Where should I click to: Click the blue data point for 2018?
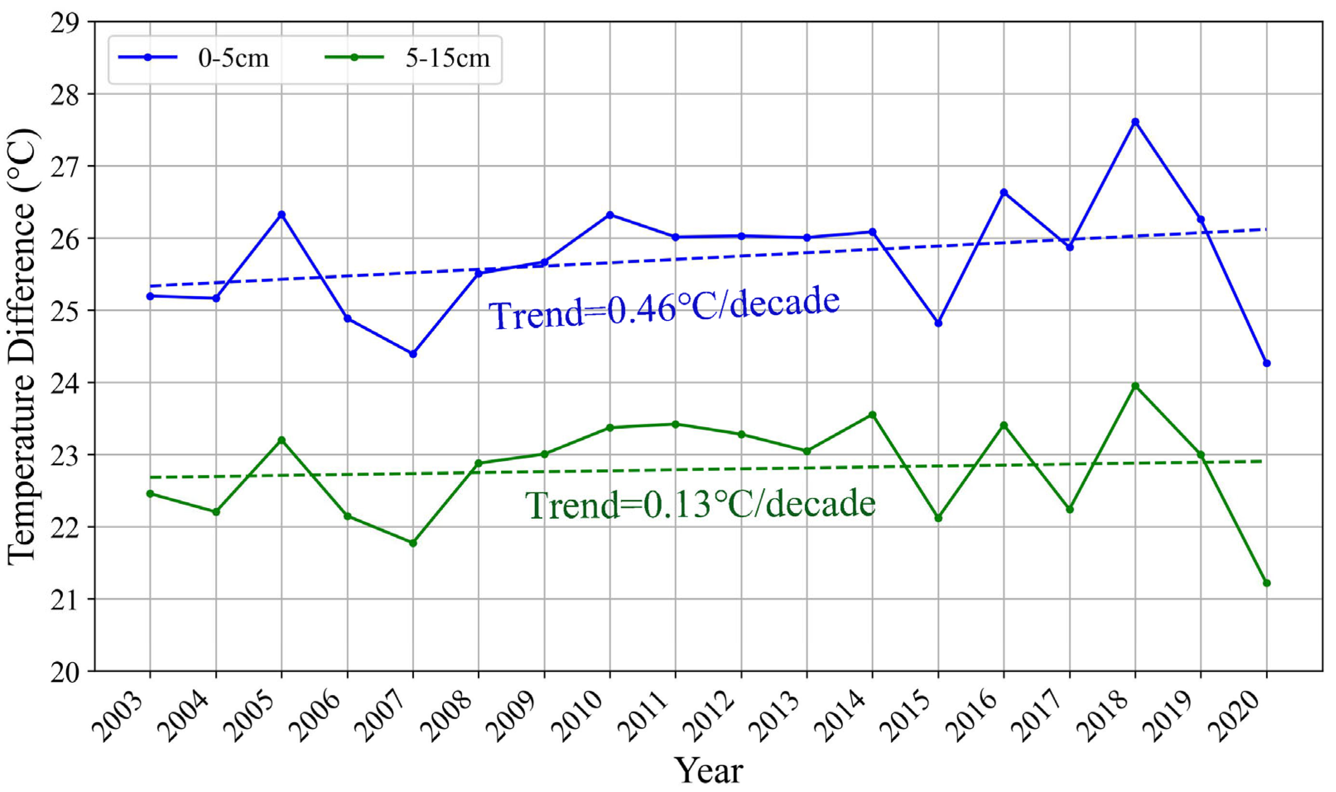[1135, 122]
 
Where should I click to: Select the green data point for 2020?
[1267, 583]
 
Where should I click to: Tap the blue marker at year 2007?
[413, 354]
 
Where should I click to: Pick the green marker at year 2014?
[872, 415]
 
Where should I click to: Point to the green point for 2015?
[938, 518]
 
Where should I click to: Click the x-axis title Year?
[708, 770]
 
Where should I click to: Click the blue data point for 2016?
[1004, 192]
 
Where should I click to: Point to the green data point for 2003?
[150, 494]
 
